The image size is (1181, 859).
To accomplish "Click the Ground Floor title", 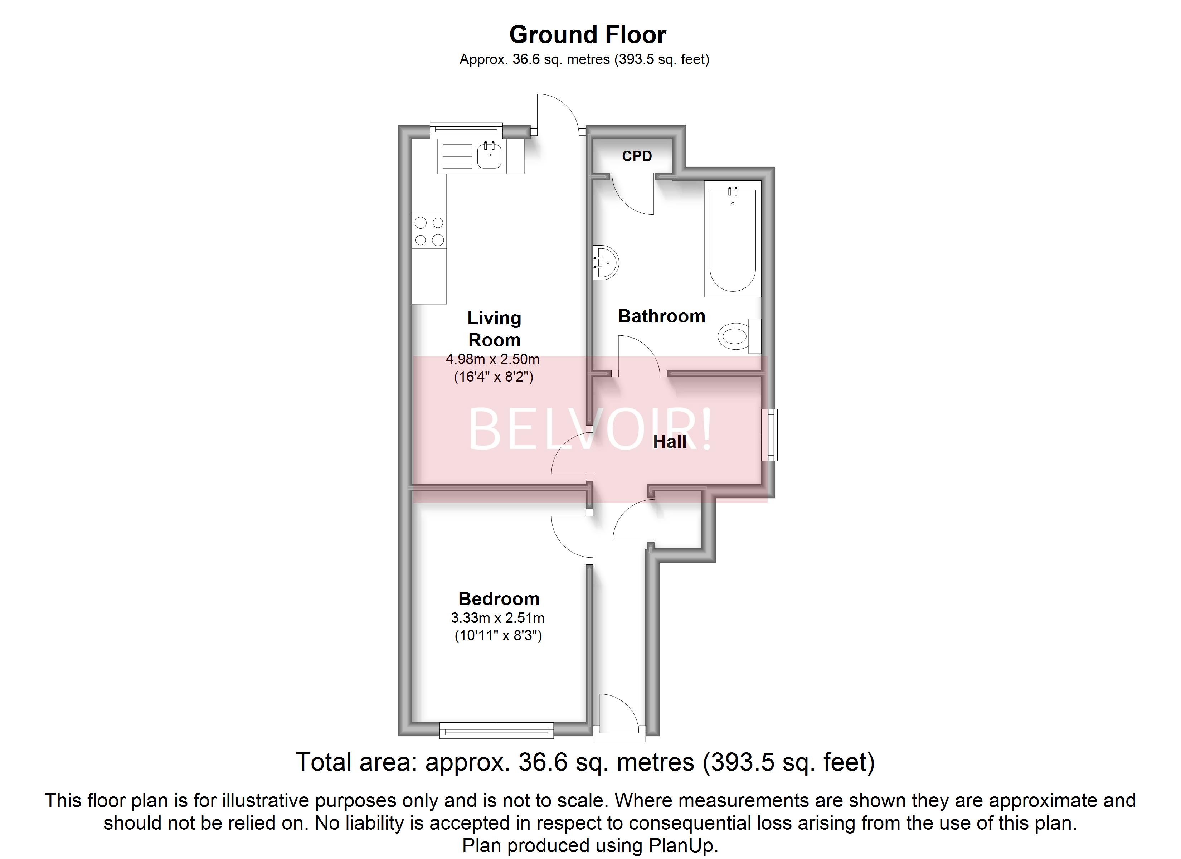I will pos(587,35).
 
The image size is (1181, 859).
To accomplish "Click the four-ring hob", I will pos(429,231).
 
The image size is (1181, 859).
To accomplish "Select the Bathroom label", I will pos(661,316).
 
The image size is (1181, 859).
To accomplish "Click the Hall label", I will pos(670,442).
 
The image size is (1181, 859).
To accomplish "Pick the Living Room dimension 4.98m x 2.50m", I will pos(492,359).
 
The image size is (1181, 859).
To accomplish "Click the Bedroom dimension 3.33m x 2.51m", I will pos(497,618).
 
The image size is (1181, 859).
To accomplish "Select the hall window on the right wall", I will pos(769,435).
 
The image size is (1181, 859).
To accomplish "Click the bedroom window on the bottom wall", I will pos(496,731).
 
